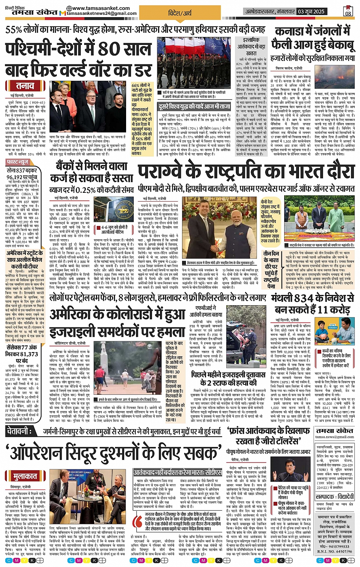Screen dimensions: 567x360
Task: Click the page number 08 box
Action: coord(347,11)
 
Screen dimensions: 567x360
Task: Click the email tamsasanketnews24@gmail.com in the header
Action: coord(101,14)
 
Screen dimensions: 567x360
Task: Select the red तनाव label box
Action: coord(25,86)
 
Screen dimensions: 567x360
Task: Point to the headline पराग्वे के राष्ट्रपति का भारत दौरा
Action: coord(246,173)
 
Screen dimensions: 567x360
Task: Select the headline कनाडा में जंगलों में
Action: coord(312,31)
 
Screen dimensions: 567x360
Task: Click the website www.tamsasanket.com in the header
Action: coord(101,8)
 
